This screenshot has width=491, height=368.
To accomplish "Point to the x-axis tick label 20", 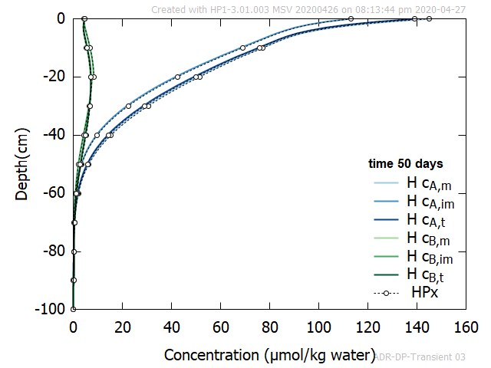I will [x=122, y=326].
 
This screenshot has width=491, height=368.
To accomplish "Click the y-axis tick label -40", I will [x=53, y=135].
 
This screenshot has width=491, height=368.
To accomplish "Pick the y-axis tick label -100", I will [x=50, y=309].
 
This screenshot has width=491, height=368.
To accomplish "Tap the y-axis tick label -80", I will [x=53, y=251].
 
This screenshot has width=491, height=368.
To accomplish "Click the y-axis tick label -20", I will [x=53, y=77].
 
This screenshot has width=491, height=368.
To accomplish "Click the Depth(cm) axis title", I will [x=22, y=164].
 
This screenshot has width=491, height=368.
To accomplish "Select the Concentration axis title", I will [x=269, y=355].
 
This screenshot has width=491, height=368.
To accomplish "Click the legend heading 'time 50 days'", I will [x=405, y=164].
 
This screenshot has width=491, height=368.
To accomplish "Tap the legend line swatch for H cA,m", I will [x=385, y=183].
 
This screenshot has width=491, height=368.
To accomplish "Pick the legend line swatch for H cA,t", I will [x=385, y=220].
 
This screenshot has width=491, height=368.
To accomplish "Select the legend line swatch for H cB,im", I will [x=385, y=256].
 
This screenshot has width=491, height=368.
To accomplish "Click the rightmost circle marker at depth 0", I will [x=429, y=18].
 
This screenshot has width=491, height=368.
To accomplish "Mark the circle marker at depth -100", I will [x=74, y=309].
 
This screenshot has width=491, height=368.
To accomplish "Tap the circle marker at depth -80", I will [x=74, y=251].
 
